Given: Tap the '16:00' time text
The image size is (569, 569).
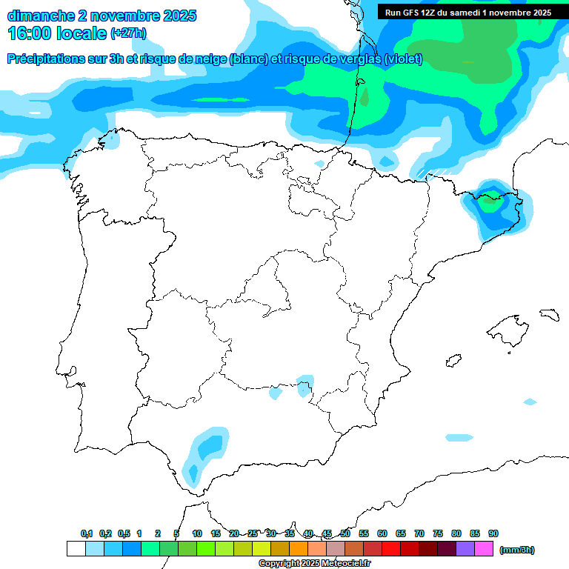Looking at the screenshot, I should (29, 33).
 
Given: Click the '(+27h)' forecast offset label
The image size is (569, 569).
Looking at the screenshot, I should (128, 33).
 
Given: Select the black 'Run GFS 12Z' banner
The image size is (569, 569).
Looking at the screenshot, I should (467, 13).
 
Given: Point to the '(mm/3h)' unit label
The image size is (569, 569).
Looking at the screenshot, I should (517, 550).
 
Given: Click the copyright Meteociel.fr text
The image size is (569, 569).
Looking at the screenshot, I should (314, 564).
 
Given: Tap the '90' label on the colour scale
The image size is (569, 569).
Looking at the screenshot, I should (493, 533).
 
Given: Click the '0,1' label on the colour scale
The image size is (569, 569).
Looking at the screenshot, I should (87, 533).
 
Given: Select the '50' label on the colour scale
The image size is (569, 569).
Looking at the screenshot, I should (345, 533).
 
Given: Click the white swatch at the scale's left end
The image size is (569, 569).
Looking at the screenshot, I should (76, 549).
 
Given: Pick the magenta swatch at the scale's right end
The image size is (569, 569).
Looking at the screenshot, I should (484, 549).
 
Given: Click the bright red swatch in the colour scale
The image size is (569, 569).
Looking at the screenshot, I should (390, 549).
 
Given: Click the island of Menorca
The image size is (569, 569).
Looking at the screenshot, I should (549, 314).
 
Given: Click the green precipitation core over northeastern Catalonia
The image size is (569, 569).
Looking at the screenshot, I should (490, 199).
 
